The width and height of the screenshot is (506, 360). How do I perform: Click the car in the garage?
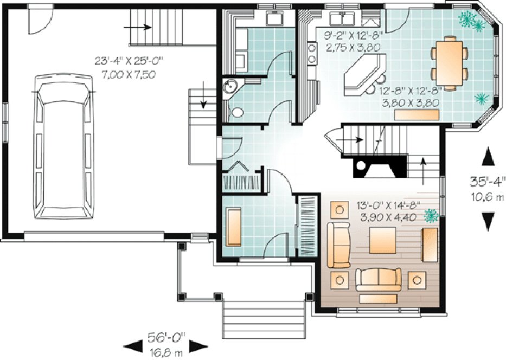(x=62, y=146)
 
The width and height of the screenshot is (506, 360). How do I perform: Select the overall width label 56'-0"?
(x=166, y=338)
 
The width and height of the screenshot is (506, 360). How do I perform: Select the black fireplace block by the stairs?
(x=379, y=166)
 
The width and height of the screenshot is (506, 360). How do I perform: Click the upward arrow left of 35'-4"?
(x=488, y=157)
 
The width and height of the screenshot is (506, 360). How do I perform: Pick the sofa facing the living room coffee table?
(x=378, y=279)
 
